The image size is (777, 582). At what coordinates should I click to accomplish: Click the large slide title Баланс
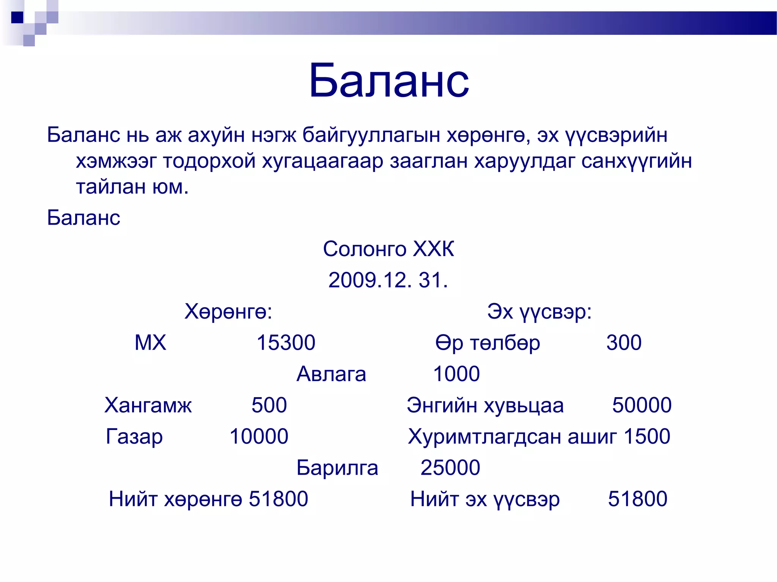click(389, 81)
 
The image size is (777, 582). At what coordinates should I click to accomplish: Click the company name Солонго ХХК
click(388, 249)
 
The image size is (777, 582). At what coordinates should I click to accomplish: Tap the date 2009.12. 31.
click(388, 280)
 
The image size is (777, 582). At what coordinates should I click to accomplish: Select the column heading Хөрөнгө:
click(228, 311)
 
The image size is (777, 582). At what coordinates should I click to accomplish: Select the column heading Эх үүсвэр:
click(539, 311)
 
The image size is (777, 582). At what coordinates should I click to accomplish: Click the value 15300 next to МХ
click(286, 343)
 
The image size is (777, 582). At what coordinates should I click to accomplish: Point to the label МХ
click(151, 343)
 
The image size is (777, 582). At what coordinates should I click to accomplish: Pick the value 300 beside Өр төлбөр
click(624, 343)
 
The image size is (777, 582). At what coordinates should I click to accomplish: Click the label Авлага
click(331, 374)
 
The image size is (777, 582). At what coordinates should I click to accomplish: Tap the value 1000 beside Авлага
click(456, 374)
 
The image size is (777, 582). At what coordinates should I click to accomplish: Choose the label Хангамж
click(148, 405)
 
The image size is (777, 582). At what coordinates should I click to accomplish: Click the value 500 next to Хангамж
click(269, 405)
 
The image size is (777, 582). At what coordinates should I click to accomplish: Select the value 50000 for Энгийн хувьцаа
click(642, 405)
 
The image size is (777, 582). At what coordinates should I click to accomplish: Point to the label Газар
click(134, 436)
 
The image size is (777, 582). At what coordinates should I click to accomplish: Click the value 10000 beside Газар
click(259, 436)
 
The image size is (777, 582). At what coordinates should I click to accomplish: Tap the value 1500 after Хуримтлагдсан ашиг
click(647, 436)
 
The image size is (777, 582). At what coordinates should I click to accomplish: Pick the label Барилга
click(337, 468)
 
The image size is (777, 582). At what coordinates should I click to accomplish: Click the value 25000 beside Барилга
click(450, 468)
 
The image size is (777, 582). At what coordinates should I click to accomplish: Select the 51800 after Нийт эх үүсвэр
click(637, 499)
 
